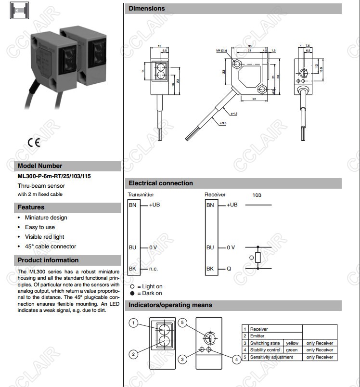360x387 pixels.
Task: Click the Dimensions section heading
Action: tap(147, 9)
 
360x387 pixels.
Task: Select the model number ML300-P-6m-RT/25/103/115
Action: tap(54, 176)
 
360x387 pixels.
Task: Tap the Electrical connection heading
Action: tap(161, 183)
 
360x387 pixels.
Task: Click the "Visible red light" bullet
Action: tap(44, 237)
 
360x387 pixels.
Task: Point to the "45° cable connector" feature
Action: tap(50, 246)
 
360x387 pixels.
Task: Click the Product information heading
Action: tap(48, 260)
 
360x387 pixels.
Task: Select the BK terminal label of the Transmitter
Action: tap(132, 269)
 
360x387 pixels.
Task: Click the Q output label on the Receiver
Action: tap(229, 269)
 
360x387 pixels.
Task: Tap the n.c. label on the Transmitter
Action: tap(154, 269)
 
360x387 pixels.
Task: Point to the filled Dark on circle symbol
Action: tap(132, 293)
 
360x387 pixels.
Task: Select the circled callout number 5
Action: tap(182, 322)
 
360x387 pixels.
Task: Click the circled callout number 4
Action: tap(236, 359)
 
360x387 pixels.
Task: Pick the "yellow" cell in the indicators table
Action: tap(292, 343)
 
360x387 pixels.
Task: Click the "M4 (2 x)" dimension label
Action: tap(222, 50)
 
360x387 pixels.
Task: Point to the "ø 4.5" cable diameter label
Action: tap(234, 114)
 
